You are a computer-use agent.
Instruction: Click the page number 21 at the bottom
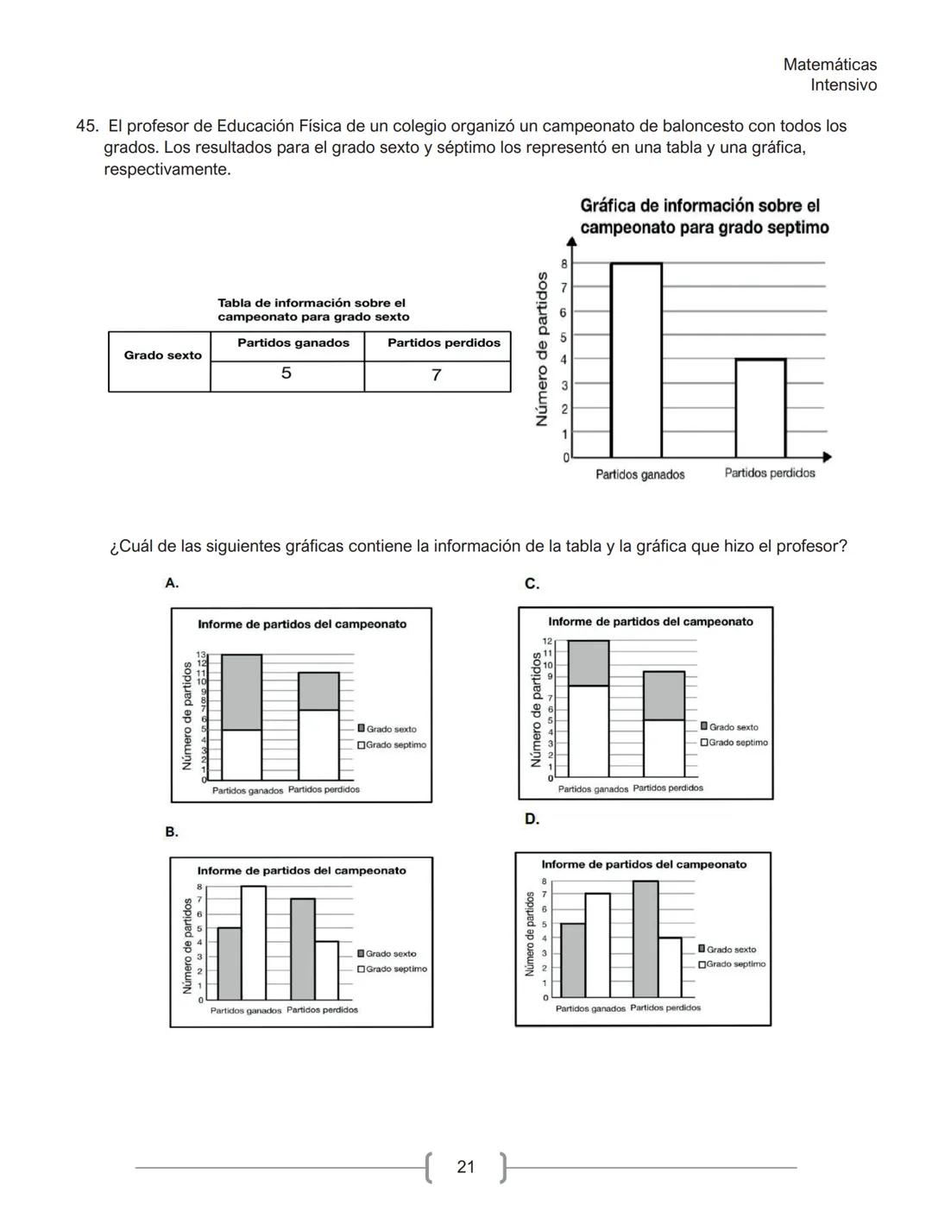[x=465, y=1167]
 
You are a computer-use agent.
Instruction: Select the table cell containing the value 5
[x=287, y=374]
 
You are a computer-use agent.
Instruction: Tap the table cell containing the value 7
[x=437, y=375]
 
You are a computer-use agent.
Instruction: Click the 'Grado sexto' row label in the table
[x=162, y=355]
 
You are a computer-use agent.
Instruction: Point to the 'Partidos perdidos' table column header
[x=444, y=343]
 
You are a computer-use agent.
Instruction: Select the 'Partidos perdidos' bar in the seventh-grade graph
[x=760, y=409]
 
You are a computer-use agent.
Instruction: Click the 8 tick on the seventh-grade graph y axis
[x=564, y=264]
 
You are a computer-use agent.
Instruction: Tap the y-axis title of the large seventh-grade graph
[x=542, y=349]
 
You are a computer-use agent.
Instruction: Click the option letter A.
[x=172, y=583]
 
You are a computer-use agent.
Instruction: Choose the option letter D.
[x=532, y=819]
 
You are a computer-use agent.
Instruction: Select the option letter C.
[x=532, y=584]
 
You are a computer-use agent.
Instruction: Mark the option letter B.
[x=172, y=832]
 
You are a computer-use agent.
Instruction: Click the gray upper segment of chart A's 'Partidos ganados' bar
[x=242, y=692]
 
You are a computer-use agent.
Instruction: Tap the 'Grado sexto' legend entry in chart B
[x=390, y=954]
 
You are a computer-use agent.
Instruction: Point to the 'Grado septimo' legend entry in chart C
[x=738, y=743]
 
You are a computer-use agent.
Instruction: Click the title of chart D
[x=644, y=864]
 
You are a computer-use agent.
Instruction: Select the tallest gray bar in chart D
[x=645, y=938]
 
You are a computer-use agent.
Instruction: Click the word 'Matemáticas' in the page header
[x=829, y=65]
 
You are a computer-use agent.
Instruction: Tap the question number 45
[x=86, y=127]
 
